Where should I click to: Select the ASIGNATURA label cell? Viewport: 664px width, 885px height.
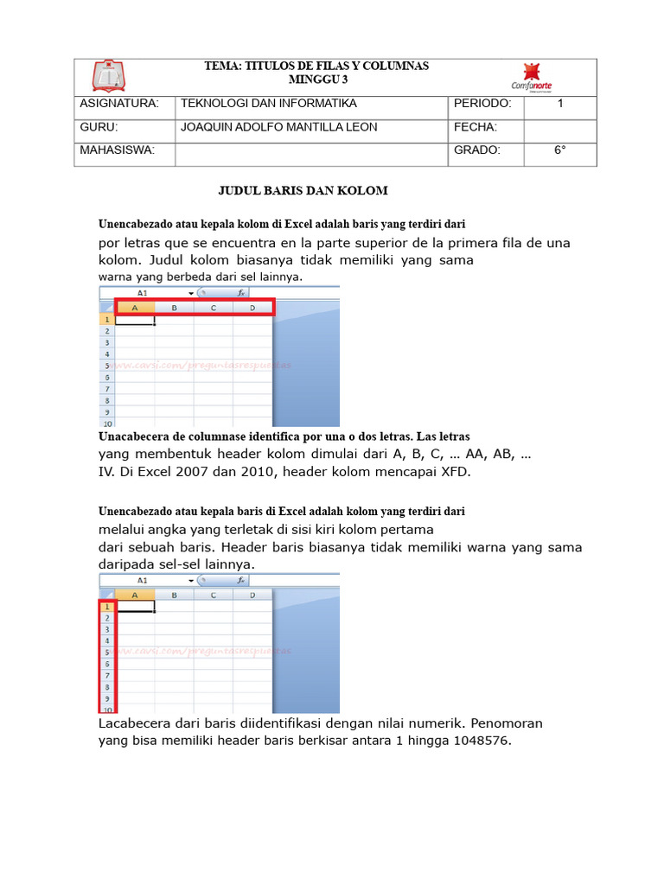pyautogui.click(x=119, y=104)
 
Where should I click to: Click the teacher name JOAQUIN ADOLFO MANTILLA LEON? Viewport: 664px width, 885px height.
pyautogui.click(x=278, y=127)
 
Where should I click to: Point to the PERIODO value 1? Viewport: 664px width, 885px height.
pyautogui.click(x=559, y=104)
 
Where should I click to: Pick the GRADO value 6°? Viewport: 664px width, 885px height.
pyautogui.click(x=559, y=150)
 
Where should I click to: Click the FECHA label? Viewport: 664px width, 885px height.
pyautogui.click(x=475, y=127)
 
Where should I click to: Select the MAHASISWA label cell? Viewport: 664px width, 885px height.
pyautogui.click(x=117, y=150)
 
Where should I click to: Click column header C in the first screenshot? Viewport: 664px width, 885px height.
pyautogui.click(x=213, y=308)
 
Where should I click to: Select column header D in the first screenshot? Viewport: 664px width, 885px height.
pyautogui.click(x=252, y=308)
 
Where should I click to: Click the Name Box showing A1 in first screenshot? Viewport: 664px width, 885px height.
pyautogui.click(x=143, y=293)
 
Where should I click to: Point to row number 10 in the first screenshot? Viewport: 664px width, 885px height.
pyautogui.click(x=107, y=423)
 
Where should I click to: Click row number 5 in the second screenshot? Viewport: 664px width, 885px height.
pyautogui.click(x=107, y=653)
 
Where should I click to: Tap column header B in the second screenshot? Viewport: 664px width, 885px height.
pyautogui.click(x=174, y=595)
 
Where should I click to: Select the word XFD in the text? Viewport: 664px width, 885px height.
pyautogui.click(x=454, y=472)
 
